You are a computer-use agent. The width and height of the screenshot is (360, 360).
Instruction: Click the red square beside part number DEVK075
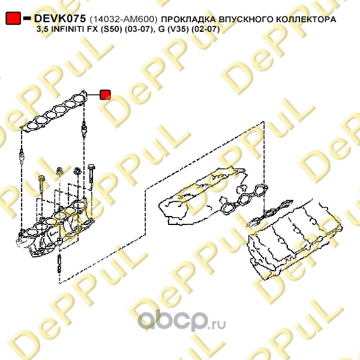tap(13, 18)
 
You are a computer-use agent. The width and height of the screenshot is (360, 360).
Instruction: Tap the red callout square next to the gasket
tap(105, 95)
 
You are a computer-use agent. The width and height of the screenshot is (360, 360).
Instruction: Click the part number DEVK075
tap(60, 19)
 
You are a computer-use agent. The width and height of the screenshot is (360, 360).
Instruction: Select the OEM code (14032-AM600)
tap(124, 19)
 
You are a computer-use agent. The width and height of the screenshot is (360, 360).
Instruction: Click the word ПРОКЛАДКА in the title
tap(189, 19)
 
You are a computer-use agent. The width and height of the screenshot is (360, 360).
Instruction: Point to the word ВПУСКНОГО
tap(246, 19)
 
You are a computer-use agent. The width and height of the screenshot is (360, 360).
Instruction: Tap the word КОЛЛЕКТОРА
tap(306, 19)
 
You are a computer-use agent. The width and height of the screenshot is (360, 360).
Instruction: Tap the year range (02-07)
tap(206, 29)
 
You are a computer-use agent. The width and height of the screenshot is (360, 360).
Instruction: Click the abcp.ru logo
tap(182, 320)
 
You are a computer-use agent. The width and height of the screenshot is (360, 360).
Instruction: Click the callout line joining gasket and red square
tap(93, 95)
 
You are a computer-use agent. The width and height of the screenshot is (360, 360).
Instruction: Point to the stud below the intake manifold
tap(59, 263)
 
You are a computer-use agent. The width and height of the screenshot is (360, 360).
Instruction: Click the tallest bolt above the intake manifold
tap(91, 177)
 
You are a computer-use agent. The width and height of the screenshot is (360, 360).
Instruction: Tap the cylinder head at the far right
tap(295, 238)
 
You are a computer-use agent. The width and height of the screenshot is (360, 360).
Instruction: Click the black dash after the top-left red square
tap(27, 18)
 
